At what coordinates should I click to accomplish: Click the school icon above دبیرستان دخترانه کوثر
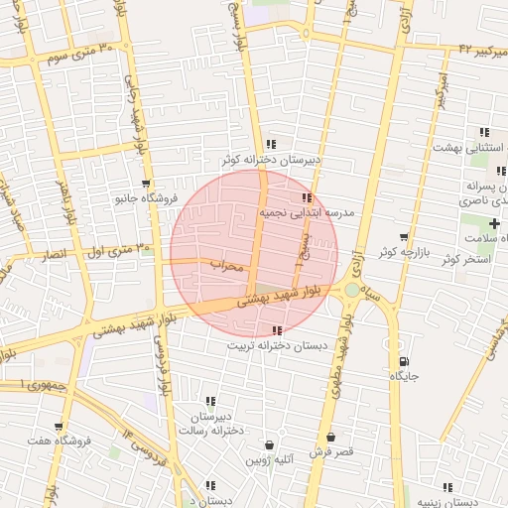[272, 145]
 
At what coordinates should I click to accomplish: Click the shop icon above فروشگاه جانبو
[146, 184]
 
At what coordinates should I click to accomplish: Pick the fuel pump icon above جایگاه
[403, 362]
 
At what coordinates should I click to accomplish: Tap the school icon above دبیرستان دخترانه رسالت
[209, 400]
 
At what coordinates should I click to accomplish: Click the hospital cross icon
[494, 224]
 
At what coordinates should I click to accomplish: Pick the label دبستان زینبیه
[474, 502]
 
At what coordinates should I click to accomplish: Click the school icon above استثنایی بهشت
[484, 132]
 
